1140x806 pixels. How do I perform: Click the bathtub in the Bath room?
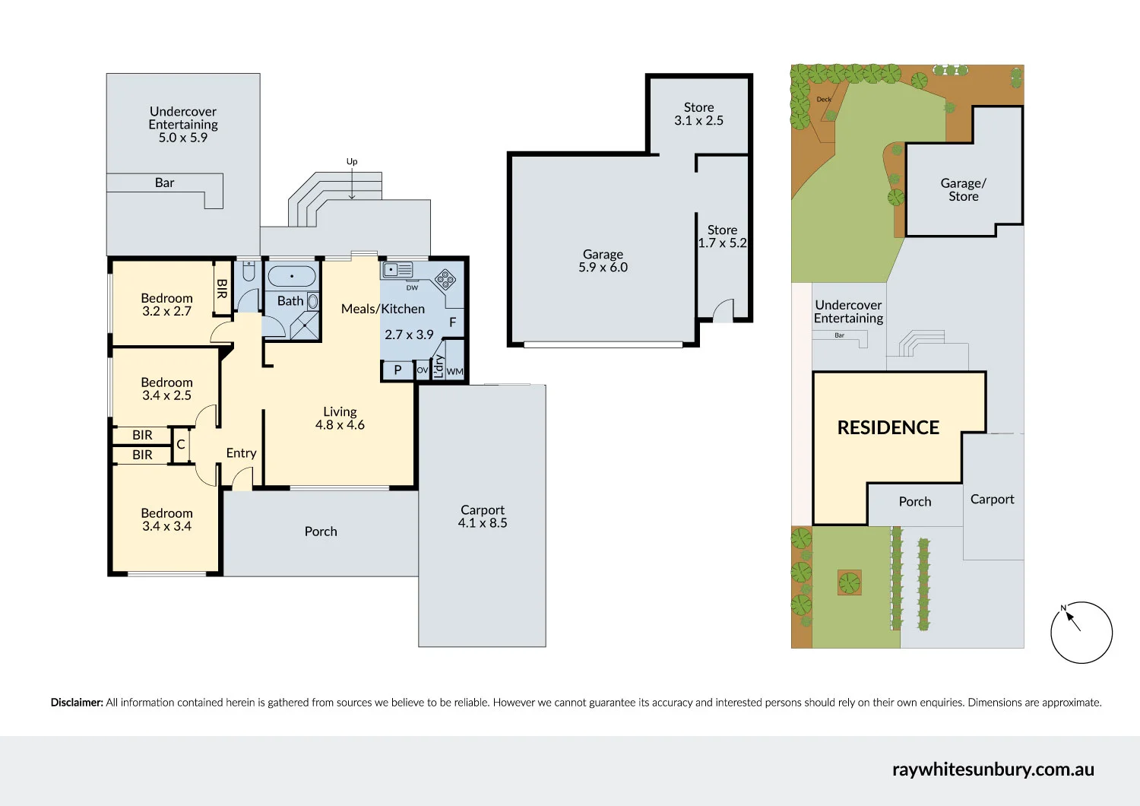point(292,276)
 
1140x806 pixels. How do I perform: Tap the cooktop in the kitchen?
point(445,279)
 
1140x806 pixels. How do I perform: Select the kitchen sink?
point(397,269)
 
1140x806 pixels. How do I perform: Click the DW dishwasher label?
point(412,287)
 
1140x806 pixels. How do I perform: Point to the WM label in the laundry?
point(454,372)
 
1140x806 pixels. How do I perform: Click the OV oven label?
point(423,370)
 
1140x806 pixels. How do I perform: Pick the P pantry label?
point(398,370)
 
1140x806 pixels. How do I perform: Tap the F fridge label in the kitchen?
point(452,322)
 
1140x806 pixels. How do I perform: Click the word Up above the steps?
point(352,162)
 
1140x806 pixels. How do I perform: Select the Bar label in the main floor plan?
point(164,182)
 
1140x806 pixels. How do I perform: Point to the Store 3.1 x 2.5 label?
point(698,114)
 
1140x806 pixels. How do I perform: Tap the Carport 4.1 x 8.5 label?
point(483,516)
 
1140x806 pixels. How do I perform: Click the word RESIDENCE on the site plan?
point(888,427)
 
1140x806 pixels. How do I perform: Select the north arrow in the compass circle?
point(1072,620)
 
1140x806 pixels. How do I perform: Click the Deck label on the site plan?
point(823,100)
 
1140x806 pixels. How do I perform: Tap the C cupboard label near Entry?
point(181,445)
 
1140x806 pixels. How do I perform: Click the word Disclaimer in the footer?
point(77,703)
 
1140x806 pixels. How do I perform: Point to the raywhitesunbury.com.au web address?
point(993,770)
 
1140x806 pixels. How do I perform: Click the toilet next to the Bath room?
point(249,271)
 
